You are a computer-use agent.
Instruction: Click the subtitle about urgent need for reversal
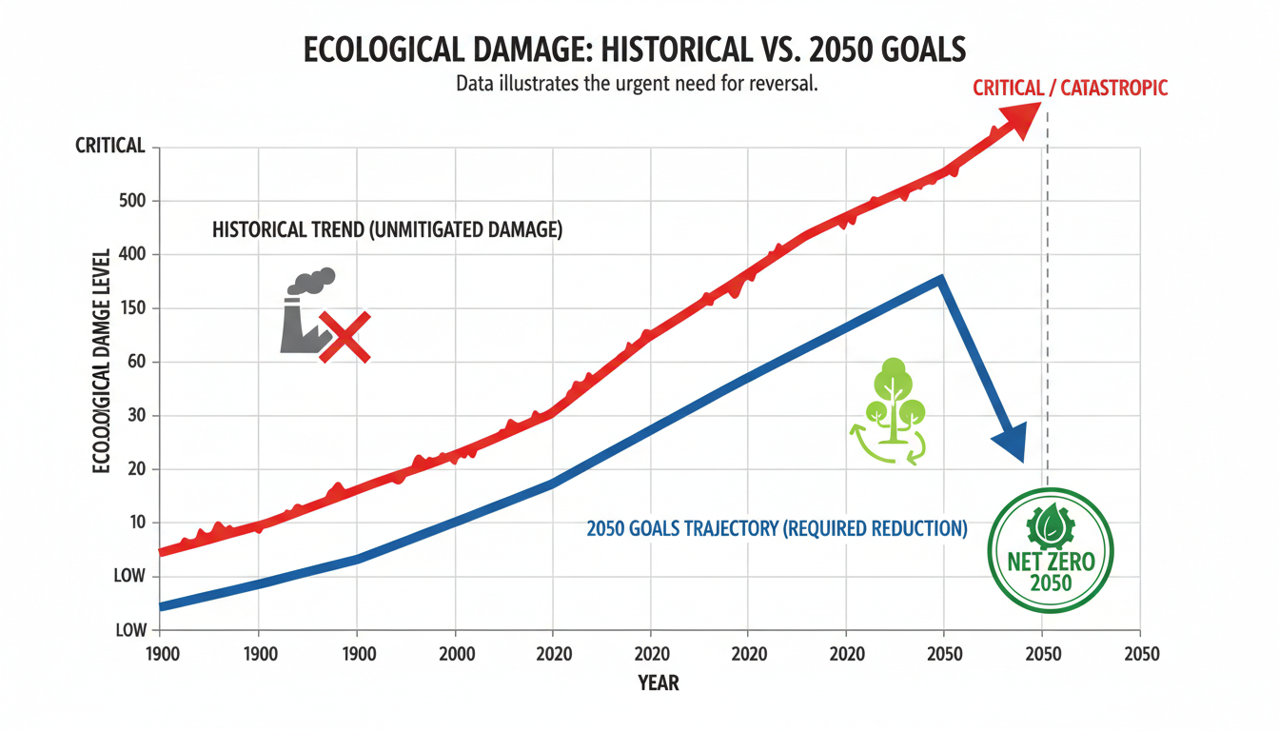tap(638, 84)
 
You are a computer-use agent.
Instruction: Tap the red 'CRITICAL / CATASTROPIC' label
tap(1070, 89)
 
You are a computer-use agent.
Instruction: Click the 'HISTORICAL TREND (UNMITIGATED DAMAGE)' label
tap(387, 230)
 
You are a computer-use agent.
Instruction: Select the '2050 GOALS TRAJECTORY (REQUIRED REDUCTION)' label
tap(777, 528)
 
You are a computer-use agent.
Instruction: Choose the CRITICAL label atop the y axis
tap(109, 147)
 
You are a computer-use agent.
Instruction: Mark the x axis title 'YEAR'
tap(659, 682)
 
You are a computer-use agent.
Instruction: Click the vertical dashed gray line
tap(1047, 286)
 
